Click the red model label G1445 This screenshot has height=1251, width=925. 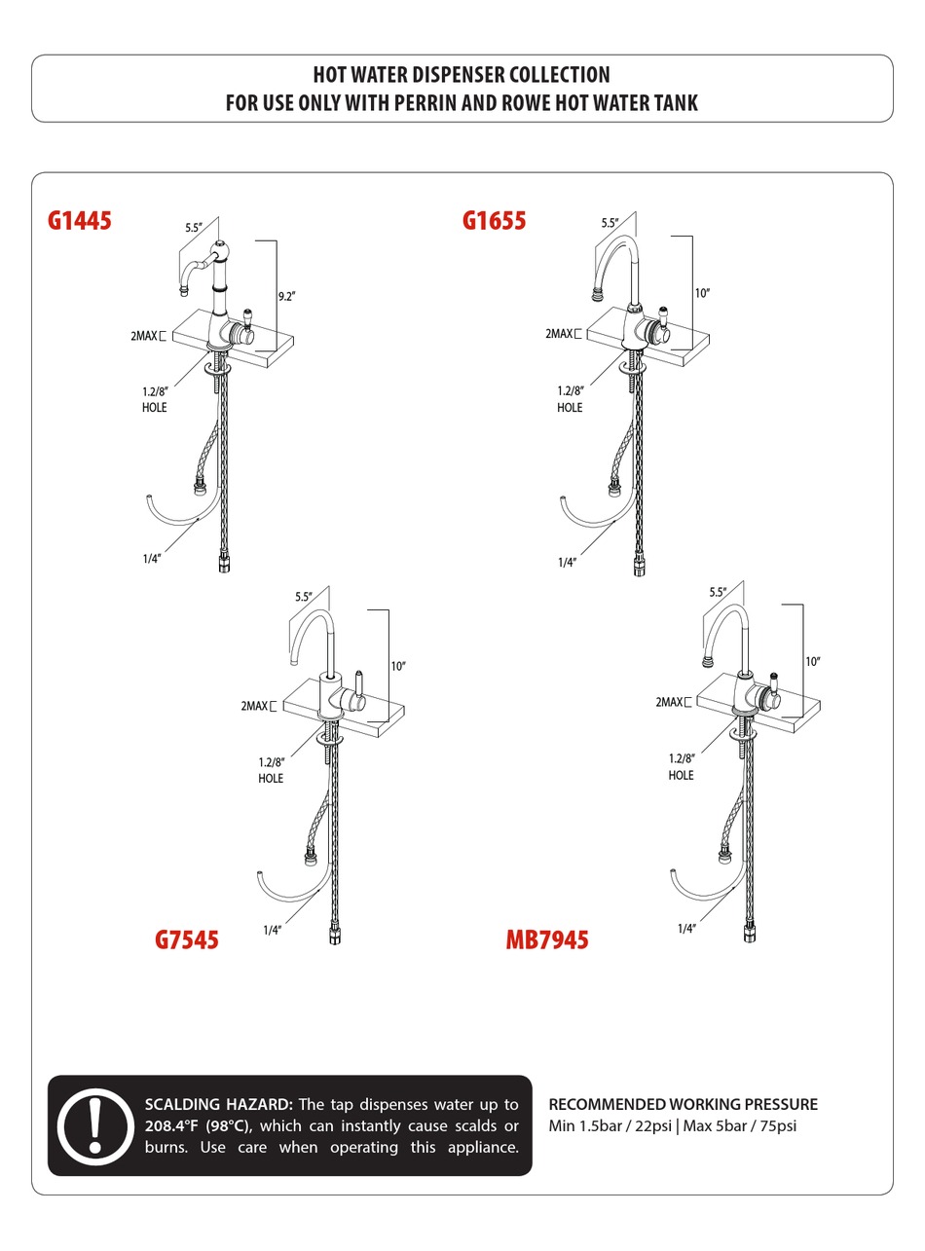coord(80,221)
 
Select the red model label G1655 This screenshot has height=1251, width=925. coord(494,221)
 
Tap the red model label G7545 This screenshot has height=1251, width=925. coord(187,939)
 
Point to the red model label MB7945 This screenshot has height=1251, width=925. coord(547,940)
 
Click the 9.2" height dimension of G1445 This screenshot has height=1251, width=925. coord(285,297)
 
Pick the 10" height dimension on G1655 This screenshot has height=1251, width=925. coord(702,293)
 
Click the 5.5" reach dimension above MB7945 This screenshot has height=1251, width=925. coord(718,592)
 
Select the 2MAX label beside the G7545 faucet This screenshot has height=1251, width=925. coord(254,706)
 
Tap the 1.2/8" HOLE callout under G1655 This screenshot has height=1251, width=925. coord(570,399)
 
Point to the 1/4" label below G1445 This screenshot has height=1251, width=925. coord(151,559)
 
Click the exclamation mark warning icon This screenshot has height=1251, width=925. coord(95,1126)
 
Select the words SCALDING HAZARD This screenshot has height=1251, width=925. coord(218,1105)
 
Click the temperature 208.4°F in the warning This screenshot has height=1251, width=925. coord(172,1126)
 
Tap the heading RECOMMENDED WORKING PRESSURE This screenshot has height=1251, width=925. coord(683,1104)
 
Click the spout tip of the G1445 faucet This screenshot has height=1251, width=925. coord(182,290)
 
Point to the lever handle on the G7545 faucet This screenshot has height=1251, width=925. coord(358,683)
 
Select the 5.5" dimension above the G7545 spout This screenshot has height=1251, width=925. coord(304,597)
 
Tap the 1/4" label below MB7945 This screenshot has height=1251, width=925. coord(686,929)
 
